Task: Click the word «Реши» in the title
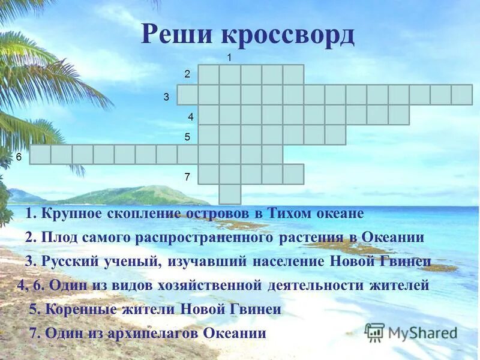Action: click(x=177, y=35)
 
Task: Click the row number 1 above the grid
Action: click(x=229, y=57)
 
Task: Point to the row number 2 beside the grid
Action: click(x=187, y=74)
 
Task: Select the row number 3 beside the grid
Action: click(x=166, y=96)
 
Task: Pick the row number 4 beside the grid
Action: click(x=190, y=116)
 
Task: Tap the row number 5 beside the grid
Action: click(x=187, y=137)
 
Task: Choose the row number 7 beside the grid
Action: click(x=187, y=177)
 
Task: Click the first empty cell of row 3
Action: click(x=187, y=95)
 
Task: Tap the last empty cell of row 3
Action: click(x=461, y=95)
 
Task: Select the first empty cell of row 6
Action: click(x=40, y=154)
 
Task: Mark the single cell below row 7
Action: click(x=230, y=194)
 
